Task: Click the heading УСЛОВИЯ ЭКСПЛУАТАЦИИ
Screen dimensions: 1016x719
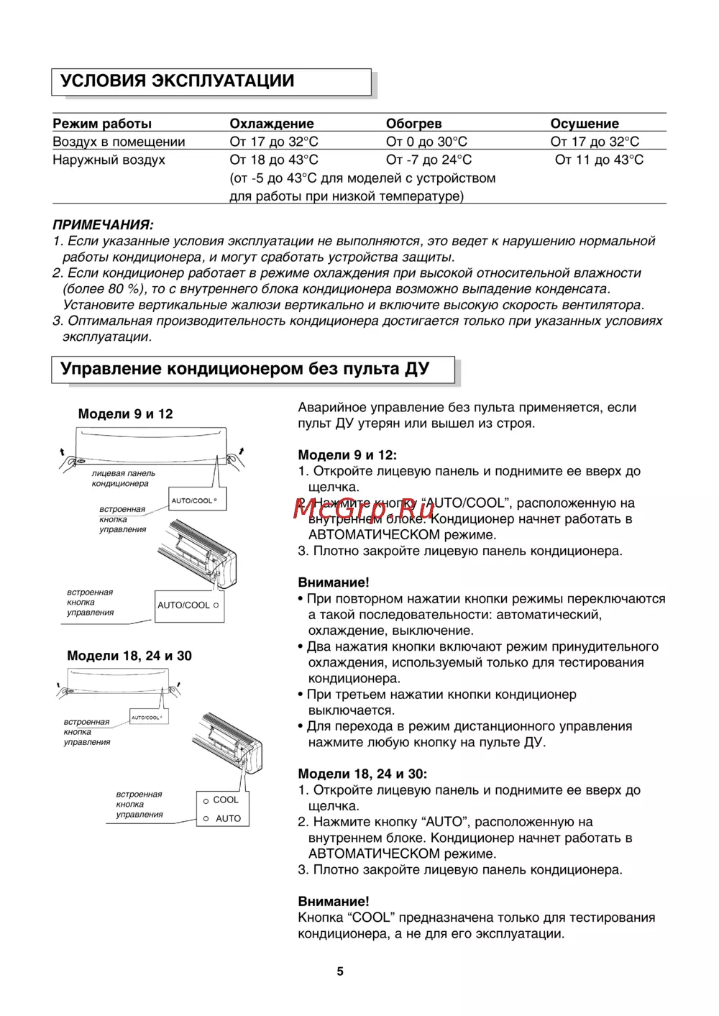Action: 177,81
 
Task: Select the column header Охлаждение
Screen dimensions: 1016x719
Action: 271,124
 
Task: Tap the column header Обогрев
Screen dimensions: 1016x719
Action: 413,124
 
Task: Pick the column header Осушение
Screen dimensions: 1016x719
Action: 584,124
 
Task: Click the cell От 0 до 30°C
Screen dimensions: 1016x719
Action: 426,142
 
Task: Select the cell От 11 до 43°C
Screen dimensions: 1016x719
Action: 599,160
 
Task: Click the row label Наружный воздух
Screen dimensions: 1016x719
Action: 109,160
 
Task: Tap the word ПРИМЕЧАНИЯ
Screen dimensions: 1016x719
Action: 103,225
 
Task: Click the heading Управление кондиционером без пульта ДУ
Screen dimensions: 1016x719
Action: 244,369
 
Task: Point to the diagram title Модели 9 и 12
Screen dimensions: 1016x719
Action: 125,414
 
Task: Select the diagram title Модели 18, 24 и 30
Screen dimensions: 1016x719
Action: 129,656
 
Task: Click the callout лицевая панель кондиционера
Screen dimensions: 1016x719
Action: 123,478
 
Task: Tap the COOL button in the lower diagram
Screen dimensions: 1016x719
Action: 225,800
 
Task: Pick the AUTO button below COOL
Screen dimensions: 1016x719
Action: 227,818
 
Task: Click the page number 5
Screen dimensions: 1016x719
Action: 340,971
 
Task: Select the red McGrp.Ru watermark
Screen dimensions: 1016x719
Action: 363,508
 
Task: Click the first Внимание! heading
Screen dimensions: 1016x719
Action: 334,582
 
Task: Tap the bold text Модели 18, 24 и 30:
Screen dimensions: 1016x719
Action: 362,774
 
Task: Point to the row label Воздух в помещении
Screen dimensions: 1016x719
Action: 119,142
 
